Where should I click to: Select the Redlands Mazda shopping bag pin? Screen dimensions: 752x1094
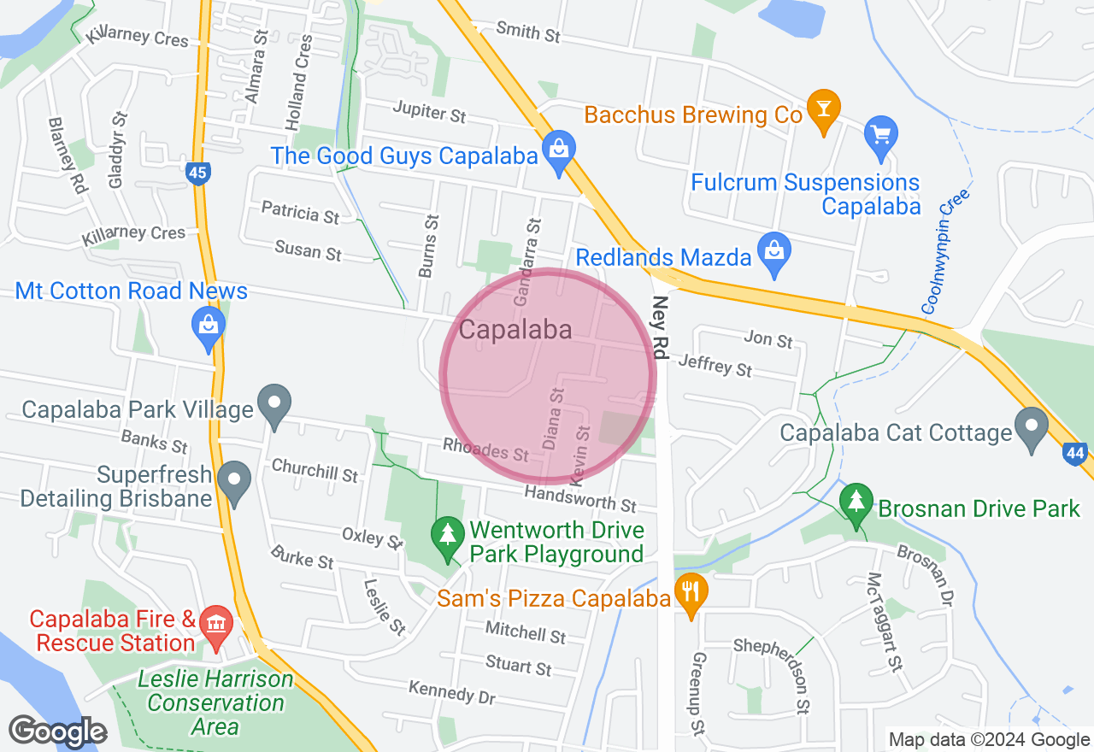pyautogui.click(x=774, y=253)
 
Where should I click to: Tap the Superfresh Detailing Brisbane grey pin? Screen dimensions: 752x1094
pyautogui.click(x=233, y=481)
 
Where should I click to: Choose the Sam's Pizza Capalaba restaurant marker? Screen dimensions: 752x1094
pyautogui.click(x=689, y=592)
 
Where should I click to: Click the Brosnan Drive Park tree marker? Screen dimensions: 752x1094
pyautogui.click(x=856, y=504)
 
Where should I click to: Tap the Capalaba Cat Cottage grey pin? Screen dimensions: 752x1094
pyautogui.click(x=1032, y=426)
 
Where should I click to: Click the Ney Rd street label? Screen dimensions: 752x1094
pyautogui.click(x=659, y=326)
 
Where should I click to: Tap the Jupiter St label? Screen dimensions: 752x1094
pyautogui.click(x=430, y=111)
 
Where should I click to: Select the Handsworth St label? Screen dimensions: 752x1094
pyautogui.click(x=580, y=496)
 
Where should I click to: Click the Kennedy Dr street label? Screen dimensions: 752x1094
pyautogui.click(x=452, y=692)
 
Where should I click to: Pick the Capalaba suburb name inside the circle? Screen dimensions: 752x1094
pyautogui.click(x=515, y=330)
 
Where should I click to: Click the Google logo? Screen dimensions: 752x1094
pyautogui.click(x=58, y=731)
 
